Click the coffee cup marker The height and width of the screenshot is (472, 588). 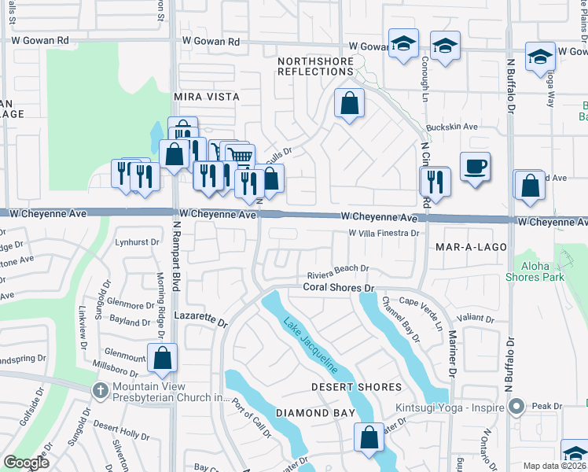(475, 167)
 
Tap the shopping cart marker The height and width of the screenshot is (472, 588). (241, 156)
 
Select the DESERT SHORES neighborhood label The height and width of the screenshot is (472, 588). (356, 387)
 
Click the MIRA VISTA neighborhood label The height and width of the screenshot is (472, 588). (205, 97)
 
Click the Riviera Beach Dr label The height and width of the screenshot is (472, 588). (337, 268)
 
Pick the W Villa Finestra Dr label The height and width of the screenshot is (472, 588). (384, 234)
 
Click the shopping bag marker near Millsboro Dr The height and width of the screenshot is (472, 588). (162, 359)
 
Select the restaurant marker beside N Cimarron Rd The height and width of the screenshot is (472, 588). (434, 181)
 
